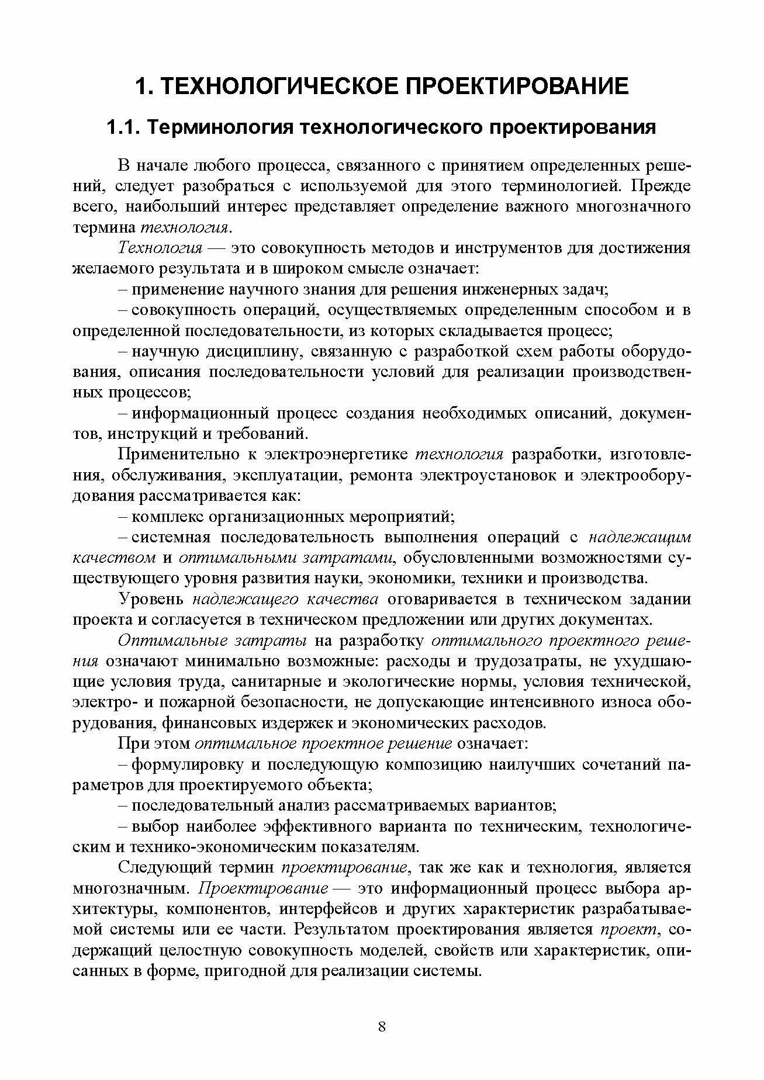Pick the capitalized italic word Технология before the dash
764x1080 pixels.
(160, 248)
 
